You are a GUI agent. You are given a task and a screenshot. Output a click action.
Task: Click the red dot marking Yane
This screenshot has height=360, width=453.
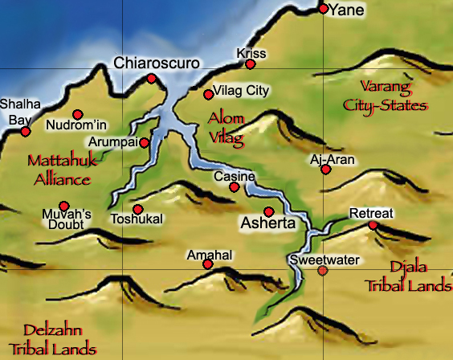(x=324, y=10)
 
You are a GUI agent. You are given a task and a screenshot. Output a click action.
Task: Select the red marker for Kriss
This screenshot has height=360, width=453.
(x=251, y=64)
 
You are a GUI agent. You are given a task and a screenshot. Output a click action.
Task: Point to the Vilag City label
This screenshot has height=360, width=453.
(x=241, y=91)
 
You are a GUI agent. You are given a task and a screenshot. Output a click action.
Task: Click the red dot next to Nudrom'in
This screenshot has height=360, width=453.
(x=78, y=114)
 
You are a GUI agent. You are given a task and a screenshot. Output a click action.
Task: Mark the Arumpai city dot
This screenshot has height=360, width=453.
(x=144, y=143)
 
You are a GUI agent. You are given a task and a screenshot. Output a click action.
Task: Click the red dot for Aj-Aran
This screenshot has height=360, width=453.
(x=325, y=170)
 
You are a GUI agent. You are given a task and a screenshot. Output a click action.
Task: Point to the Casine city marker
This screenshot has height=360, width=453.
(x=234, y=187)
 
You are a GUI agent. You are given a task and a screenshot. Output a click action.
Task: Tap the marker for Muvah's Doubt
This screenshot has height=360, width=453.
(x=64, y=206)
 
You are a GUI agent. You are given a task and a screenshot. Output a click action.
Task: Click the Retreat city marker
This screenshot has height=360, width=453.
(x=373, y=225)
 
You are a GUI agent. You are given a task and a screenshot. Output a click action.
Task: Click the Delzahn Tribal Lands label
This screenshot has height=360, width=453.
(x=60, y=339)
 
